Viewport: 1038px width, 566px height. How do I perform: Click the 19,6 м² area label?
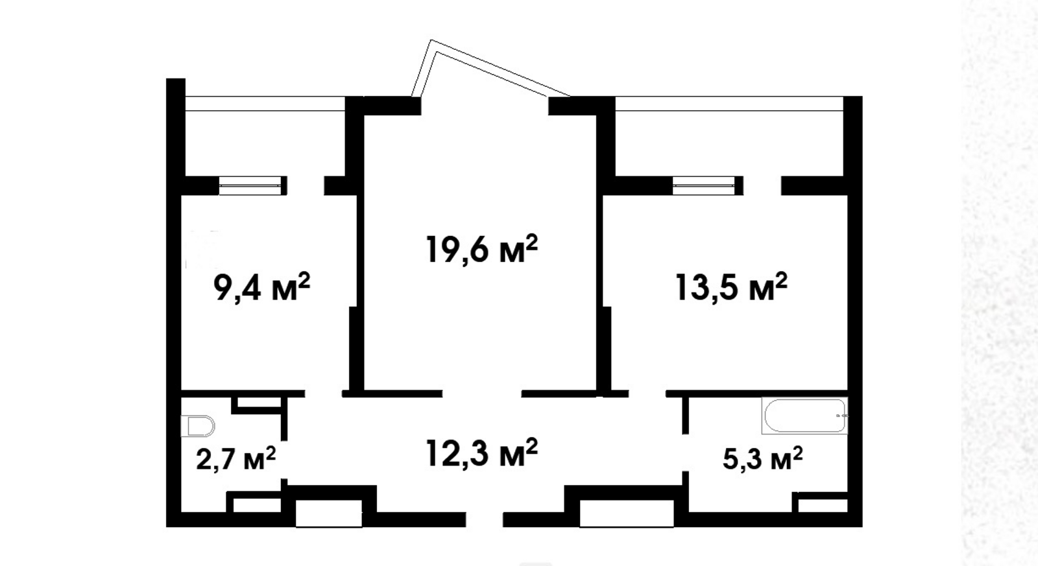(x=482, y=249)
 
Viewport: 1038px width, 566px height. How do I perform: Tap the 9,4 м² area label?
(x=262, y=287)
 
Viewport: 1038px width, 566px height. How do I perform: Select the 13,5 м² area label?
(x=732, y=287)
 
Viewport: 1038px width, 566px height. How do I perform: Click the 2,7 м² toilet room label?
(x=236, y=458)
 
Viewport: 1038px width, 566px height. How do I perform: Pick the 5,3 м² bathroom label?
(x=763, y=458)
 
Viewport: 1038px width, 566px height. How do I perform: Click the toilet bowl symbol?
(x=198, y=426)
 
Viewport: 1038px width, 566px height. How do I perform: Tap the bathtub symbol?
(x=805, y=416)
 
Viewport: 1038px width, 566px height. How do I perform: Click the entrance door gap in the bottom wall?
(x=484, y=519)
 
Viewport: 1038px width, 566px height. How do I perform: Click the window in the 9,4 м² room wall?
(x=250, y=185)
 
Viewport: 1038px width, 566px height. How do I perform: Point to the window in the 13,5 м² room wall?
(x=703, y=185)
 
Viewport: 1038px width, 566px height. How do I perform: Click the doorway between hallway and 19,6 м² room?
(x=482, y=394)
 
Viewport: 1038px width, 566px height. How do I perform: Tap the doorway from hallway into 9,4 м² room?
(x=324, y=394)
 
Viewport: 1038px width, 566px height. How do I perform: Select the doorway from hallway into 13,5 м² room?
(x=647, y=394)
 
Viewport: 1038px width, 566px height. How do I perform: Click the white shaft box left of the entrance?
(x=329, y=513)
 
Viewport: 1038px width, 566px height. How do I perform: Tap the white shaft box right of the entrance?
(x=627, y=513)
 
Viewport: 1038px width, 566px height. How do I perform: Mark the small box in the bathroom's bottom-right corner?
(x=823, y=505)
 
